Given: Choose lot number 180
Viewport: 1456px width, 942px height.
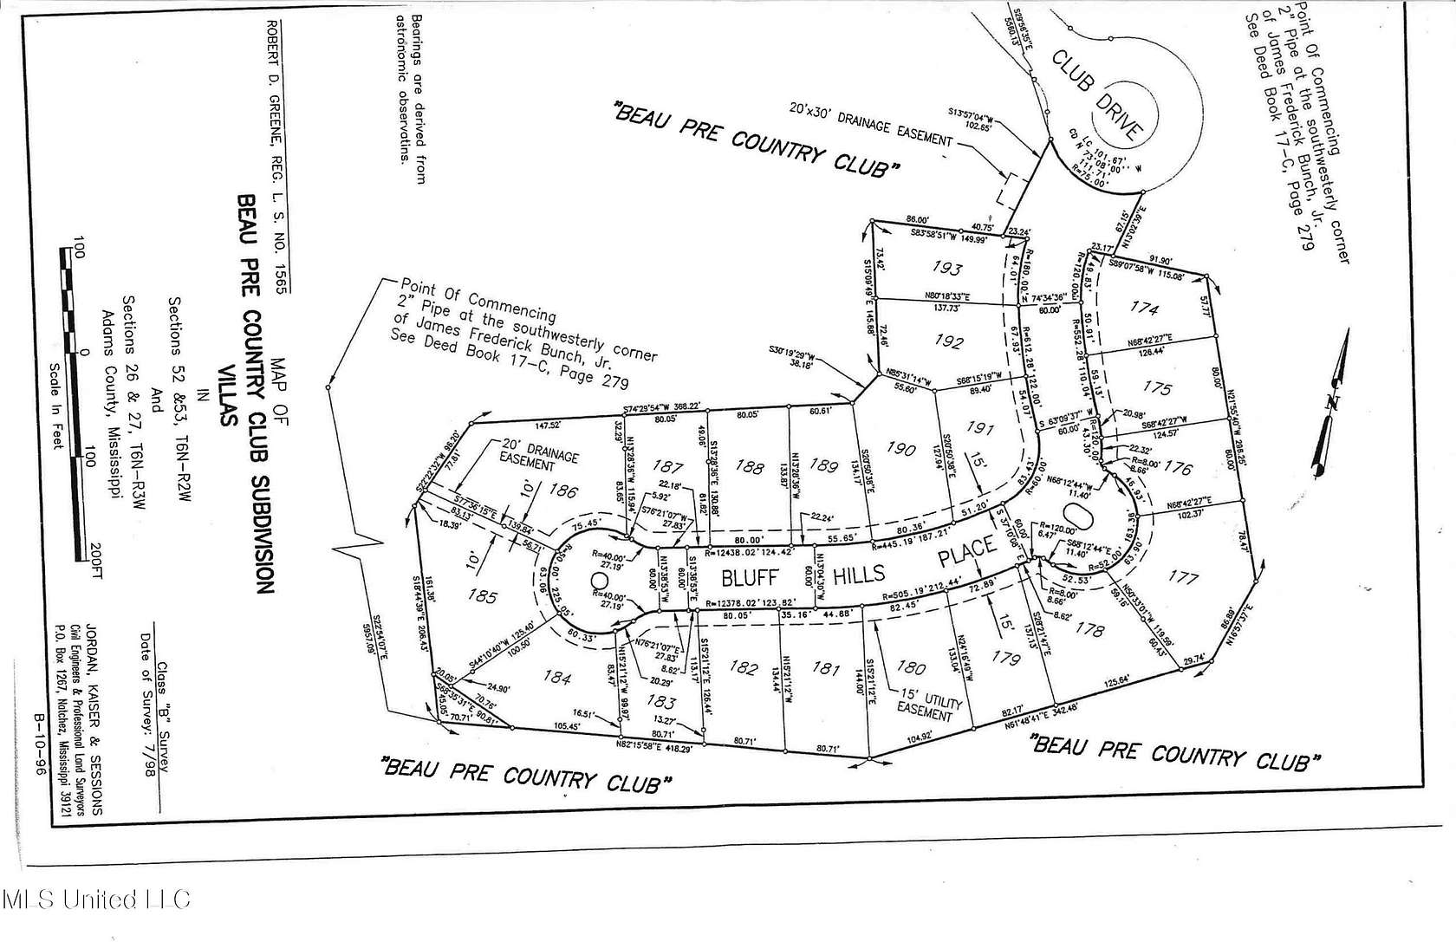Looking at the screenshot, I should coord(910,667).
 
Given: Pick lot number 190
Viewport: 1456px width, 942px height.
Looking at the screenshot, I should coord(901,449).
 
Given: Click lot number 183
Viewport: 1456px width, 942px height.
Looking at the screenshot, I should coord(660,702).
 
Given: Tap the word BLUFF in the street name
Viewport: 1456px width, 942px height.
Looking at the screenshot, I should coord(746,577).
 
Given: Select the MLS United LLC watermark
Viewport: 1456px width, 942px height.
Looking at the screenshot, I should coord(95,900).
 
